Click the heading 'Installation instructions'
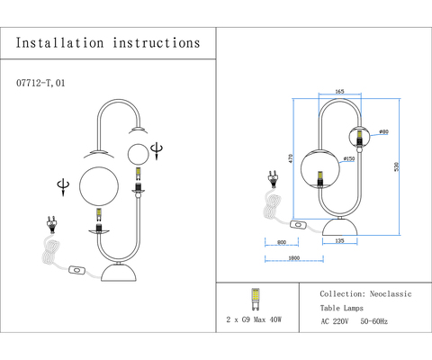point(107,42)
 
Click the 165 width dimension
point(340,92)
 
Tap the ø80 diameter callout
point(383,132)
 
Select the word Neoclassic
point(391,294)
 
